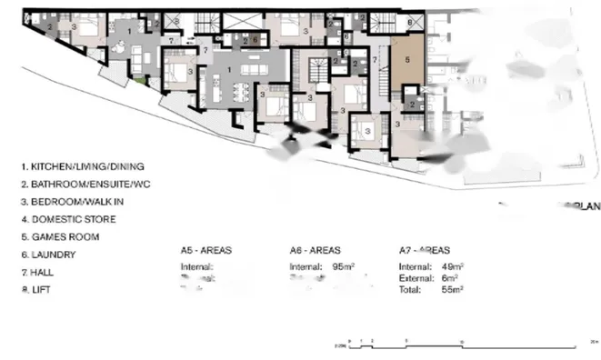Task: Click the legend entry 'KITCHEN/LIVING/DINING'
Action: click(87, 167)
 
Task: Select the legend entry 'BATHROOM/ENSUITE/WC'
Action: click(86, 185)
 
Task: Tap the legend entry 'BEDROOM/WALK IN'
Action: click(76, 202)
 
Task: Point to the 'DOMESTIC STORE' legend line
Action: click(73, 219)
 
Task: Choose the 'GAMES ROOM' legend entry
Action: click(65, 237)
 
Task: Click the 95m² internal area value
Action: click(343, 267)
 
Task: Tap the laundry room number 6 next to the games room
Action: click(410, 20)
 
